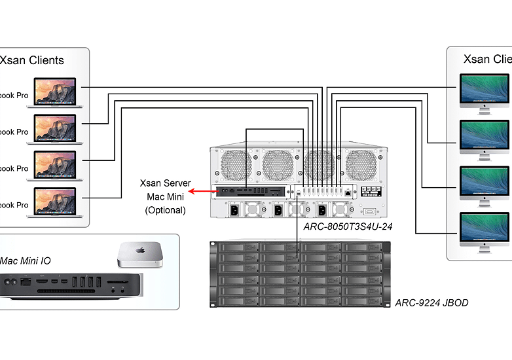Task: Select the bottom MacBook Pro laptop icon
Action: [56, 202]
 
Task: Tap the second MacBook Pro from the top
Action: [56, 128]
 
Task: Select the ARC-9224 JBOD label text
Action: [431, 303]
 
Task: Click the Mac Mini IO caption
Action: [26, 261]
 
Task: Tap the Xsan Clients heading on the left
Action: [32, 60]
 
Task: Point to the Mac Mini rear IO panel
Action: [69, 285]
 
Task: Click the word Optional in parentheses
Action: [165, 210]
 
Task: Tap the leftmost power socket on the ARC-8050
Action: [233, 210]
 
